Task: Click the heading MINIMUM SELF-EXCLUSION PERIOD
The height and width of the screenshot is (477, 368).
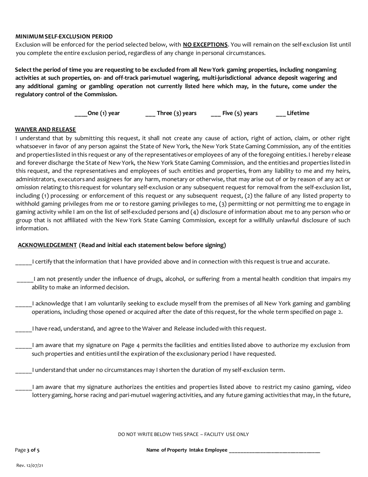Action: (64, 36)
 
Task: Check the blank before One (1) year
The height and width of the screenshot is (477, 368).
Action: (81, 114)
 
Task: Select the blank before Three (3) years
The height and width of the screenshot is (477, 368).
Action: (150, 114)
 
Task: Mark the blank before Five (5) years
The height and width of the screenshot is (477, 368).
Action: (216, 114)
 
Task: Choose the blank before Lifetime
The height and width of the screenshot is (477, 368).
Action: (281, 114)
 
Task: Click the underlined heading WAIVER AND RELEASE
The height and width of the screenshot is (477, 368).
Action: (45, 130)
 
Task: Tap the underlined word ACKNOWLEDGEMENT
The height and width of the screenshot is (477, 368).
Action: (47, 245)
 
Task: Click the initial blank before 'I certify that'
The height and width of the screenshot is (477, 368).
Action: (23, 262)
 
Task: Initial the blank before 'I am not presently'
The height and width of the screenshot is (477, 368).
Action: (25, 279)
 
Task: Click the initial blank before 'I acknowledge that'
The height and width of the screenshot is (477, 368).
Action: (23, 304)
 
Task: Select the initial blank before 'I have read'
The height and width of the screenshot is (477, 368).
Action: (23, 329)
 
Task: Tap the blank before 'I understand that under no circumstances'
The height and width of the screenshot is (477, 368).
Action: (23, 370)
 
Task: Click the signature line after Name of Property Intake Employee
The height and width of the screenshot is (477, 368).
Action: (275, 451)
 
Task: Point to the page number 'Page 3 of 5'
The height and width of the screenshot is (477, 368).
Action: (27, 450)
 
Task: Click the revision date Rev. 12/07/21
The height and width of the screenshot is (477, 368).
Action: (29, 465)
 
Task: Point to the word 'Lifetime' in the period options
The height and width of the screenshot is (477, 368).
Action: (298, 113)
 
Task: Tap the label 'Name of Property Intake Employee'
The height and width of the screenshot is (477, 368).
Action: (187, 450)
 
